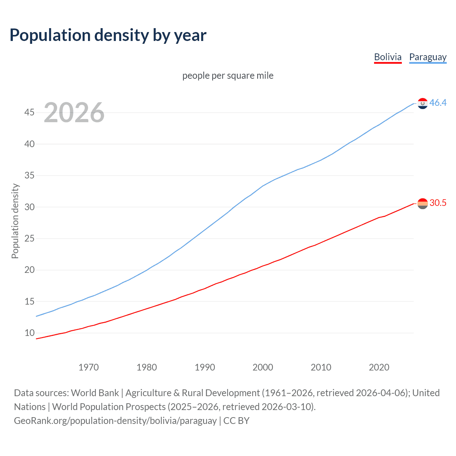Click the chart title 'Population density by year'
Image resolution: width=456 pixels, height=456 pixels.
pos(108,35)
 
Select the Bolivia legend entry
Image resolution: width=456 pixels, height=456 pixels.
pos(388,57)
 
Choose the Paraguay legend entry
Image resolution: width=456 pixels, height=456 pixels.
pos(427,57)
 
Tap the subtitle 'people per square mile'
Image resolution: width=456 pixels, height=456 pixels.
pos(228,76)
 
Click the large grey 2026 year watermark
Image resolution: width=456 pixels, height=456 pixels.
pos(74,113)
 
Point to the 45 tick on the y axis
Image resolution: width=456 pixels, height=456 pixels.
pos(29,113)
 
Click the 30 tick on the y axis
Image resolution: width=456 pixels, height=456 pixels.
pos(29,207)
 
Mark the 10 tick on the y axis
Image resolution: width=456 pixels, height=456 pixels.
pos(29,333)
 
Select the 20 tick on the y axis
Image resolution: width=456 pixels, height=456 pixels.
pos(29,270)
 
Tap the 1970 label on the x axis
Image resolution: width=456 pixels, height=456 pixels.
pos(88,367)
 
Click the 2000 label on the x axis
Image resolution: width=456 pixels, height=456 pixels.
pos(263,367)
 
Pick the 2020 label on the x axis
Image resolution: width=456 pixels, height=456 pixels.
pos(379,367)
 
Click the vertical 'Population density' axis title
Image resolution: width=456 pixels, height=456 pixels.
pos(15,221)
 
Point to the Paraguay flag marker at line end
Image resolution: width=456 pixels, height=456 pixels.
pos(423,103)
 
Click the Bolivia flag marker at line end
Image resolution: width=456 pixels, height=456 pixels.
pos(423,203)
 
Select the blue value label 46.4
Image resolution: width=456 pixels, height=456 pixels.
pos(438,103)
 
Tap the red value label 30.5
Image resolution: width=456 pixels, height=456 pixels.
pos(438,203)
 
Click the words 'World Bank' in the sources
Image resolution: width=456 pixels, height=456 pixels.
pos(95,393)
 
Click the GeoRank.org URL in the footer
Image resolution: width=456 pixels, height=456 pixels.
pos(115,421)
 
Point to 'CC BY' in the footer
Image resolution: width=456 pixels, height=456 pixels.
pos(236,421)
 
